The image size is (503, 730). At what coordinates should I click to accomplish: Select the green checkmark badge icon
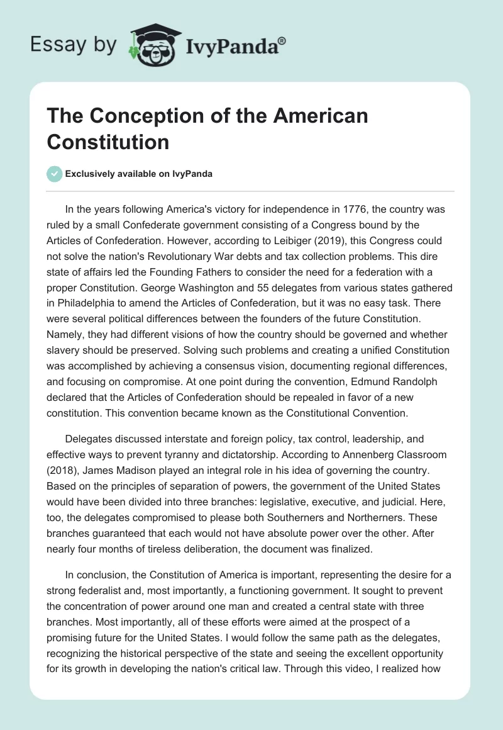55,174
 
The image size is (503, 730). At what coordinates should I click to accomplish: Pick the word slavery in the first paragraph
67,351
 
